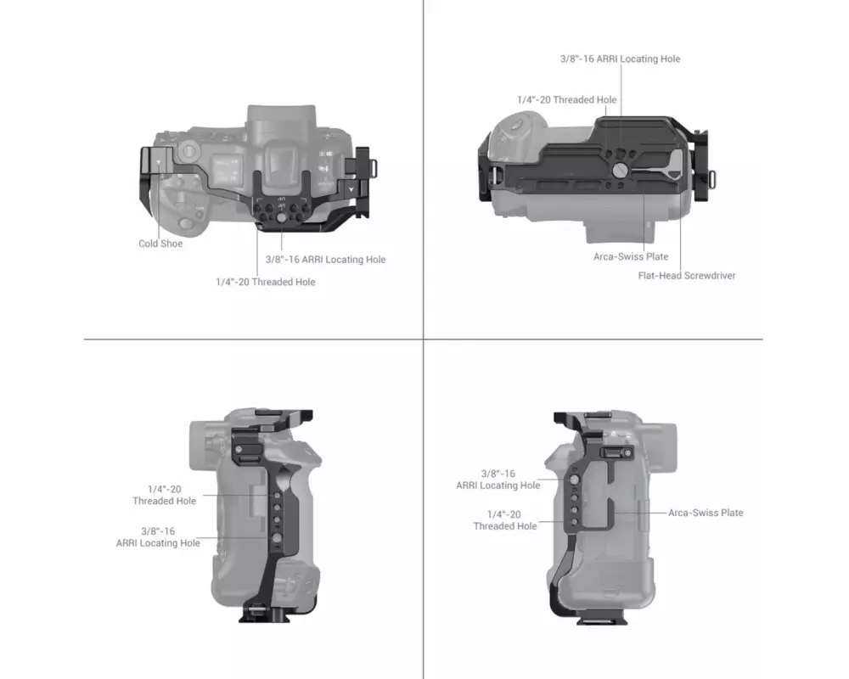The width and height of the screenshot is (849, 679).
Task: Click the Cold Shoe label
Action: pos(160,244)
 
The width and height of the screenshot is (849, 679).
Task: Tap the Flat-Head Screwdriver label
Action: pos(687,276)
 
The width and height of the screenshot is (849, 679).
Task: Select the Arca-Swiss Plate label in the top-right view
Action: pos(631,256)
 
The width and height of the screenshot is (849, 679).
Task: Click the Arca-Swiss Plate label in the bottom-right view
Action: pos(706,513)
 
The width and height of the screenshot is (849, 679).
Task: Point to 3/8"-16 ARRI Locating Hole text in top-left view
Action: pos(325,260)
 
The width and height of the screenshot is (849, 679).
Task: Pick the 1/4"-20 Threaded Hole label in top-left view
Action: pos(265,282)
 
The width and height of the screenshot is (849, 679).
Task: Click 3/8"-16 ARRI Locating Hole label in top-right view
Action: pos(620,59)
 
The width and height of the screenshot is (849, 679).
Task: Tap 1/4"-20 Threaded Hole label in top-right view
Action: pos(567,99)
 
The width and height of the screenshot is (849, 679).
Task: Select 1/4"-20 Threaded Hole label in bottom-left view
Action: pos(165,495)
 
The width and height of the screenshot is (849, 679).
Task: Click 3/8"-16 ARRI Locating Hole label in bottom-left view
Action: pos(158,537)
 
